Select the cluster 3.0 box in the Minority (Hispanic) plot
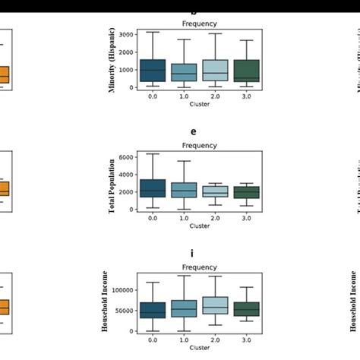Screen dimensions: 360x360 [247, 71]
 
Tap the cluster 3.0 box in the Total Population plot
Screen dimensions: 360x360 [247, 192]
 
